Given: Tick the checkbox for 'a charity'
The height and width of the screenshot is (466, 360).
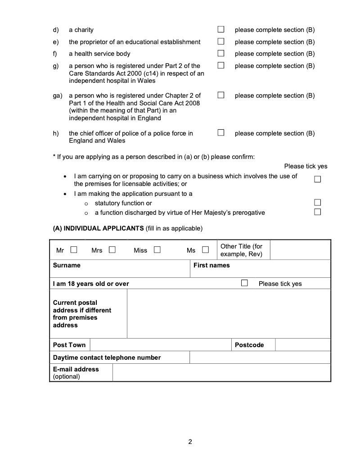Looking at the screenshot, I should tap(221, 30).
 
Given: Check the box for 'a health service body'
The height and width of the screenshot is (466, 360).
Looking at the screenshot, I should tap(221, 54).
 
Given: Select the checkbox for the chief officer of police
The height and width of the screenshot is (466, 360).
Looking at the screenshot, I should tap(221, 133).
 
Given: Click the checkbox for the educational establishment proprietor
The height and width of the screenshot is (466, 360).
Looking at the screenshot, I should tap(221, 42).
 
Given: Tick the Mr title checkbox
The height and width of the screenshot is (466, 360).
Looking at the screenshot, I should tap(74, 250).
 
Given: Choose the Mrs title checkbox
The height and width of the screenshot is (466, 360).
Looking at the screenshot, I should tap(112, 250).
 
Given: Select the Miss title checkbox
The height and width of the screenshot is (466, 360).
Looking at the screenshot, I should tap(157, 250).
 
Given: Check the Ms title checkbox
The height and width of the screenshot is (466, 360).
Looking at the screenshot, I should tap(206, 250).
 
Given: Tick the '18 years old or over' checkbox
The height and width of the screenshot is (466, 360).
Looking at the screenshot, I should tap(244, 283).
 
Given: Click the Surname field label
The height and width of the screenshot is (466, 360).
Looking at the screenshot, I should tap(67, 265).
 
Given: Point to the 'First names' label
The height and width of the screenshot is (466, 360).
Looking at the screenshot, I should tap(211, 265).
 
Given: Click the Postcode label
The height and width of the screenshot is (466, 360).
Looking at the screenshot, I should tap(249, 345).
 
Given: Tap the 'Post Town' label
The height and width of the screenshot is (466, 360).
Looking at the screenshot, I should tap(69, 345).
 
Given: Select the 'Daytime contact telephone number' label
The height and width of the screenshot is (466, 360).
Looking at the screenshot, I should tap(107, 357).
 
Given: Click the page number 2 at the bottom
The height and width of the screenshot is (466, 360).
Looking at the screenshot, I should tap(190, 442).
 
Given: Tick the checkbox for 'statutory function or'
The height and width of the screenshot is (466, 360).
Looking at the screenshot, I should tap(318, 203).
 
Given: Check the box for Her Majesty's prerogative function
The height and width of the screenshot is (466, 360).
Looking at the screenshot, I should tap(318, 212).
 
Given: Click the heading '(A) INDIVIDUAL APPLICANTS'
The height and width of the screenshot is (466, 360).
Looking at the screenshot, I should tap(99, 228).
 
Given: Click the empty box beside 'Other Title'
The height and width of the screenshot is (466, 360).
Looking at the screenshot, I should tap(300, 250).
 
